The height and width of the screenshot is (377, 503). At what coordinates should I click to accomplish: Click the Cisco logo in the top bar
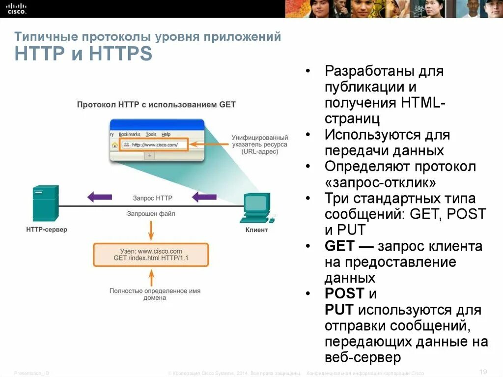click(16, 8)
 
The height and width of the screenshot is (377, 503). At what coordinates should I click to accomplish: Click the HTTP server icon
click(46, 203)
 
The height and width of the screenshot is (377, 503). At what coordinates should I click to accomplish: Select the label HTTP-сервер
click(47, 230)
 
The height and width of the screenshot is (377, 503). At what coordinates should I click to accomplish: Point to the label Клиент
click(256, 230)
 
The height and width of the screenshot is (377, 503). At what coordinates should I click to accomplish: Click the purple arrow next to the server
click(99, 197)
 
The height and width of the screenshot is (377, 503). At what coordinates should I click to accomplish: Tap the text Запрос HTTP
click(152, 198)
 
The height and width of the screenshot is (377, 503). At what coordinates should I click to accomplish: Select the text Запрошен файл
click(151, 214)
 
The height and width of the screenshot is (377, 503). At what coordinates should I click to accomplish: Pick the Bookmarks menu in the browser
click(129, 134)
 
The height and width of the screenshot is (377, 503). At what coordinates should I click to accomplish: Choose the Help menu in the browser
click(166, 134)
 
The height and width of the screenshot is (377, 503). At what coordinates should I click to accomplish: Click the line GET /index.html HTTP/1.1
click(151, 258)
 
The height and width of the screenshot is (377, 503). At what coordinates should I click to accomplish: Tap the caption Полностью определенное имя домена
click(155, 294)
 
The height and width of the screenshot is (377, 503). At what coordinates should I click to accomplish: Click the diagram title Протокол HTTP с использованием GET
click(156, 105)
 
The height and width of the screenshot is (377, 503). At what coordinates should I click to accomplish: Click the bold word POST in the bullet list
click(344, 294)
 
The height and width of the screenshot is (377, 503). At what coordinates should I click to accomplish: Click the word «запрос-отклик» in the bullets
click(380, 182)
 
